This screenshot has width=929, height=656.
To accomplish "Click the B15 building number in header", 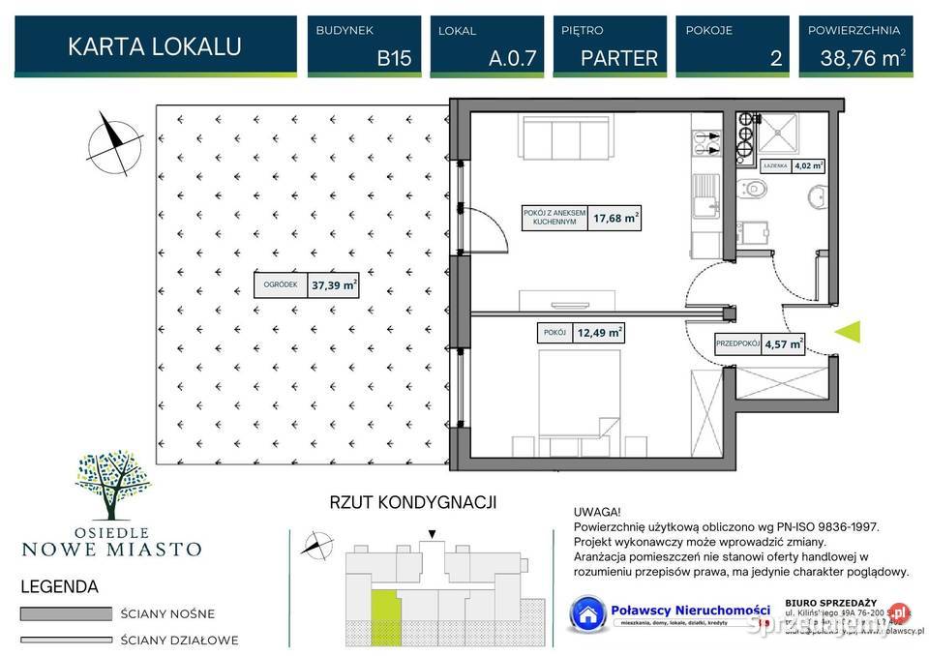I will point(394,57).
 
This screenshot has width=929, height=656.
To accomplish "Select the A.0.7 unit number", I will point(512,57).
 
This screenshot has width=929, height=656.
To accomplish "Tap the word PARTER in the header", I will point(619,57).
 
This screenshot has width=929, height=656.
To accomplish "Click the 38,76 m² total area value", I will point(862,57).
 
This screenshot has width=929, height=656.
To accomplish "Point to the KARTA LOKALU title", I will point(155,46).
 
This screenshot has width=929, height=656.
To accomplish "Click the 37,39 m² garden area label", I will point(334,285).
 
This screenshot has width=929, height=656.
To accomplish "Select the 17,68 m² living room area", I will point(617,219).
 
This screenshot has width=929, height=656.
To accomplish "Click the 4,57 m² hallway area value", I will point(783,343).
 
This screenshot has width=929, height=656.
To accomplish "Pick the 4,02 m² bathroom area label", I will point(809,165).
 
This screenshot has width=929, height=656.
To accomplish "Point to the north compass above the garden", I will point(114,141).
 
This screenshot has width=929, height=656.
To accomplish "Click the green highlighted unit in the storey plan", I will point(385,609).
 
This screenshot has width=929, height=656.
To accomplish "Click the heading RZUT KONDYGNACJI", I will point(413,502).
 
